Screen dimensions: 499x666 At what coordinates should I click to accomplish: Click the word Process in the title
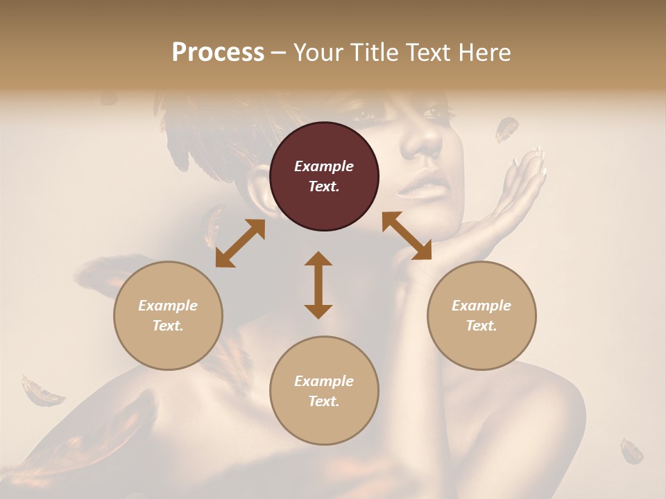(x=218, y=53)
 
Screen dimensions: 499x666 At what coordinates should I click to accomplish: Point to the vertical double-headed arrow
(x=318, y=285)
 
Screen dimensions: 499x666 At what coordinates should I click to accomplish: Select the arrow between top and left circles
(x=240, y=243)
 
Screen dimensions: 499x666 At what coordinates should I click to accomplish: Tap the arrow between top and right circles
(x=407, y=236)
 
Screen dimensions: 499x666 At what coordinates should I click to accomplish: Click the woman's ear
(x=262, y=195)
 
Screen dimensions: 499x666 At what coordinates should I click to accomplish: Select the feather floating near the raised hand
(x=506, y=128)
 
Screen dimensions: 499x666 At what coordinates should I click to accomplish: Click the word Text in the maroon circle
(x=323, y=186)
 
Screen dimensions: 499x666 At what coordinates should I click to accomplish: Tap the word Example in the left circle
(x=168, y=306)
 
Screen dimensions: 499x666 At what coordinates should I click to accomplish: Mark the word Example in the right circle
(x=481, y=306)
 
